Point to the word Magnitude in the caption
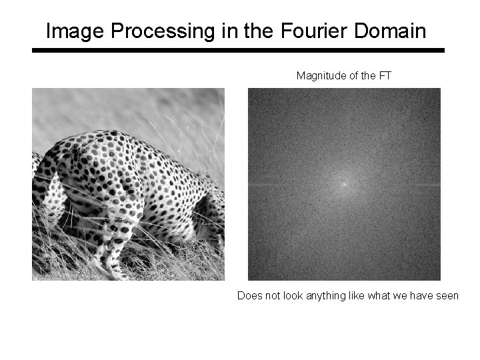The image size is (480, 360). click(321, 76)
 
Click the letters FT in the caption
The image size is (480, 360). click(385, 76)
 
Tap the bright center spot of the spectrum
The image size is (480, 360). click(344, 183)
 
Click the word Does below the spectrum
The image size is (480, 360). click(249, 295)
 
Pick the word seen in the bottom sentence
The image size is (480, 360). click(447, 295)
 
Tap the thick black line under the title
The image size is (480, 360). click(239, 50)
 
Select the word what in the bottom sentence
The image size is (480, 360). click(380, 295)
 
